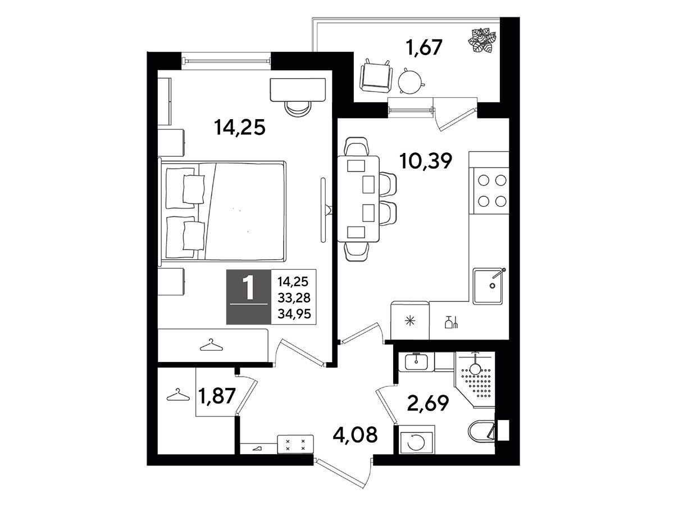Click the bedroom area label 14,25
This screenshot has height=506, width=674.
coord(239,127)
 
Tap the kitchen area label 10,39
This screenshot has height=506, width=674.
coord(426,161)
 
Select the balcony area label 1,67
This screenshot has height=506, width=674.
coord(424,48)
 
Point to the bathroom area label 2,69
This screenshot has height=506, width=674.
coord(428,403)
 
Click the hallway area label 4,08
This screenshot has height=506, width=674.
coord(356,435)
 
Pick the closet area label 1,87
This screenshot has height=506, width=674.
coord(217,395)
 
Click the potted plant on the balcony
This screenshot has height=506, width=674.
coord(482,40)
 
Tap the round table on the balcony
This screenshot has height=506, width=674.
coord(411,81)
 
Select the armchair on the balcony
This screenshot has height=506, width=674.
coord(376,76)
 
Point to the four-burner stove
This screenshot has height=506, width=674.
coord(491,191)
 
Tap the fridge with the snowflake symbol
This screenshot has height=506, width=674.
coord(410,320)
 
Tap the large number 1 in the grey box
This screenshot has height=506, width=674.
coord(248,288)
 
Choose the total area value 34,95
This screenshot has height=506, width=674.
coord(294,314)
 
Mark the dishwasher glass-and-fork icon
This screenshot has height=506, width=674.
coord(452,322)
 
